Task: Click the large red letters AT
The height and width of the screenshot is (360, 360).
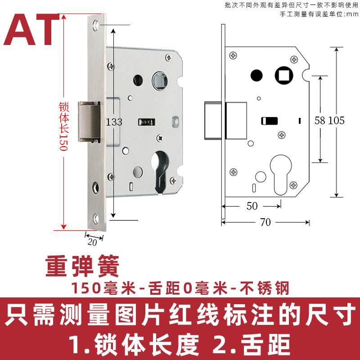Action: pyautogui.click(x=34, y=31)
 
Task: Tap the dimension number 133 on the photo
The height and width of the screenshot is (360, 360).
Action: pyautogui.click(x=114, y=121)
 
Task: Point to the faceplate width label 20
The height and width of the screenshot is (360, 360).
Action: pyautogui.click(x=92, y=242)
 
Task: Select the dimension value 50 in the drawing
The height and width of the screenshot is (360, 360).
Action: pyautogui.click(x=252, y=206)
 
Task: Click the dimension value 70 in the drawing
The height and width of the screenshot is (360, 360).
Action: pyautogui.click(x=265, y=222)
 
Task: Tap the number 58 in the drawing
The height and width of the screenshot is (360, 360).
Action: pyautogui.click(x=320, y=120)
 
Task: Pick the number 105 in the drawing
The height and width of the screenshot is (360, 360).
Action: pyautogui.click(x=336, y=120)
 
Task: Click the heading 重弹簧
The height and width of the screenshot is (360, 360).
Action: pyautogui.click(x=82, y=266)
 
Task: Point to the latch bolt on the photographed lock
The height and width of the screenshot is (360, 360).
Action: pyautogui.click(x=89, y=121)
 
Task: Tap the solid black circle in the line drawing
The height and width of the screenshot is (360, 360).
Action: pyautogui.click(x=256, y=75)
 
